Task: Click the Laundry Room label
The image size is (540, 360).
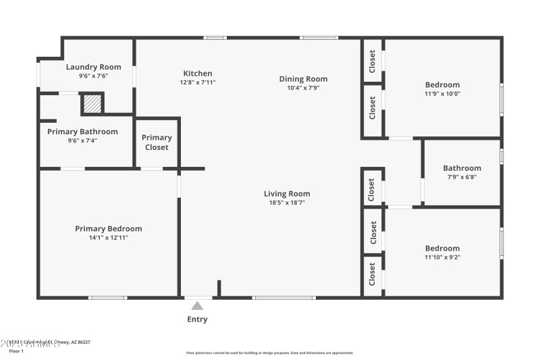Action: [x=93, y=67]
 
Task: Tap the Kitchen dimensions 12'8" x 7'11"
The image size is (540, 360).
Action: [x=198, y=82]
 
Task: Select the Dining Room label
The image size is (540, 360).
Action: [x=303, y=79]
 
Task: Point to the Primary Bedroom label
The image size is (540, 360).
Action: [x=108, y=229]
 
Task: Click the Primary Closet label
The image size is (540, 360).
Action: [x=157, y=143]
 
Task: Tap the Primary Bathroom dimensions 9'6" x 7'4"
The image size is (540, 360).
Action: [x=82, y=140]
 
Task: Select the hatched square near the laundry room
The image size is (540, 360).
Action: [x=92, y=103]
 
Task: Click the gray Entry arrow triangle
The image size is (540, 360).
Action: [x=197, y=305]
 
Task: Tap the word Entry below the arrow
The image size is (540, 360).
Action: [x=197, y=319]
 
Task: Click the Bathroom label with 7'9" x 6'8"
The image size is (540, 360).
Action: [x=462, y=168]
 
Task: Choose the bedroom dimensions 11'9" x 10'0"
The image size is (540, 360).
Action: [x=442, y=94]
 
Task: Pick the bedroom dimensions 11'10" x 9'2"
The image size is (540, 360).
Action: [x=442, y=257]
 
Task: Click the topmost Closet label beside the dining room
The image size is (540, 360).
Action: [x=373, y=61]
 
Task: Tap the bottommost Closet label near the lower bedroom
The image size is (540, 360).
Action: [x=373, y=274]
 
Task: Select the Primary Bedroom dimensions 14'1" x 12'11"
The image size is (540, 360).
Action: [x=108, y=238]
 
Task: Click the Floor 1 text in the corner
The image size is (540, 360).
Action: [x=16, y=351]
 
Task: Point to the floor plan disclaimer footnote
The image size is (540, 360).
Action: [x=269, y=353]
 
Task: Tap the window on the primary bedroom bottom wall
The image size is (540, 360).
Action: [x=107, y=297]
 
